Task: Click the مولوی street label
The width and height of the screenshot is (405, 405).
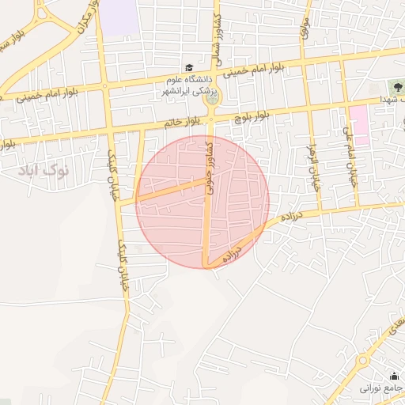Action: (305, 28)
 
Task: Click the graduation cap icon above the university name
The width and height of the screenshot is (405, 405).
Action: (189, 69)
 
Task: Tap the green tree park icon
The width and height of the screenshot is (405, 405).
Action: (396, 86)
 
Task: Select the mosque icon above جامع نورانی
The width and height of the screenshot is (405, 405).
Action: (394, 376)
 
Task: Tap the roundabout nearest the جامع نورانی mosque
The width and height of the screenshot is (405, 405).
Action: (362, 361)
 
